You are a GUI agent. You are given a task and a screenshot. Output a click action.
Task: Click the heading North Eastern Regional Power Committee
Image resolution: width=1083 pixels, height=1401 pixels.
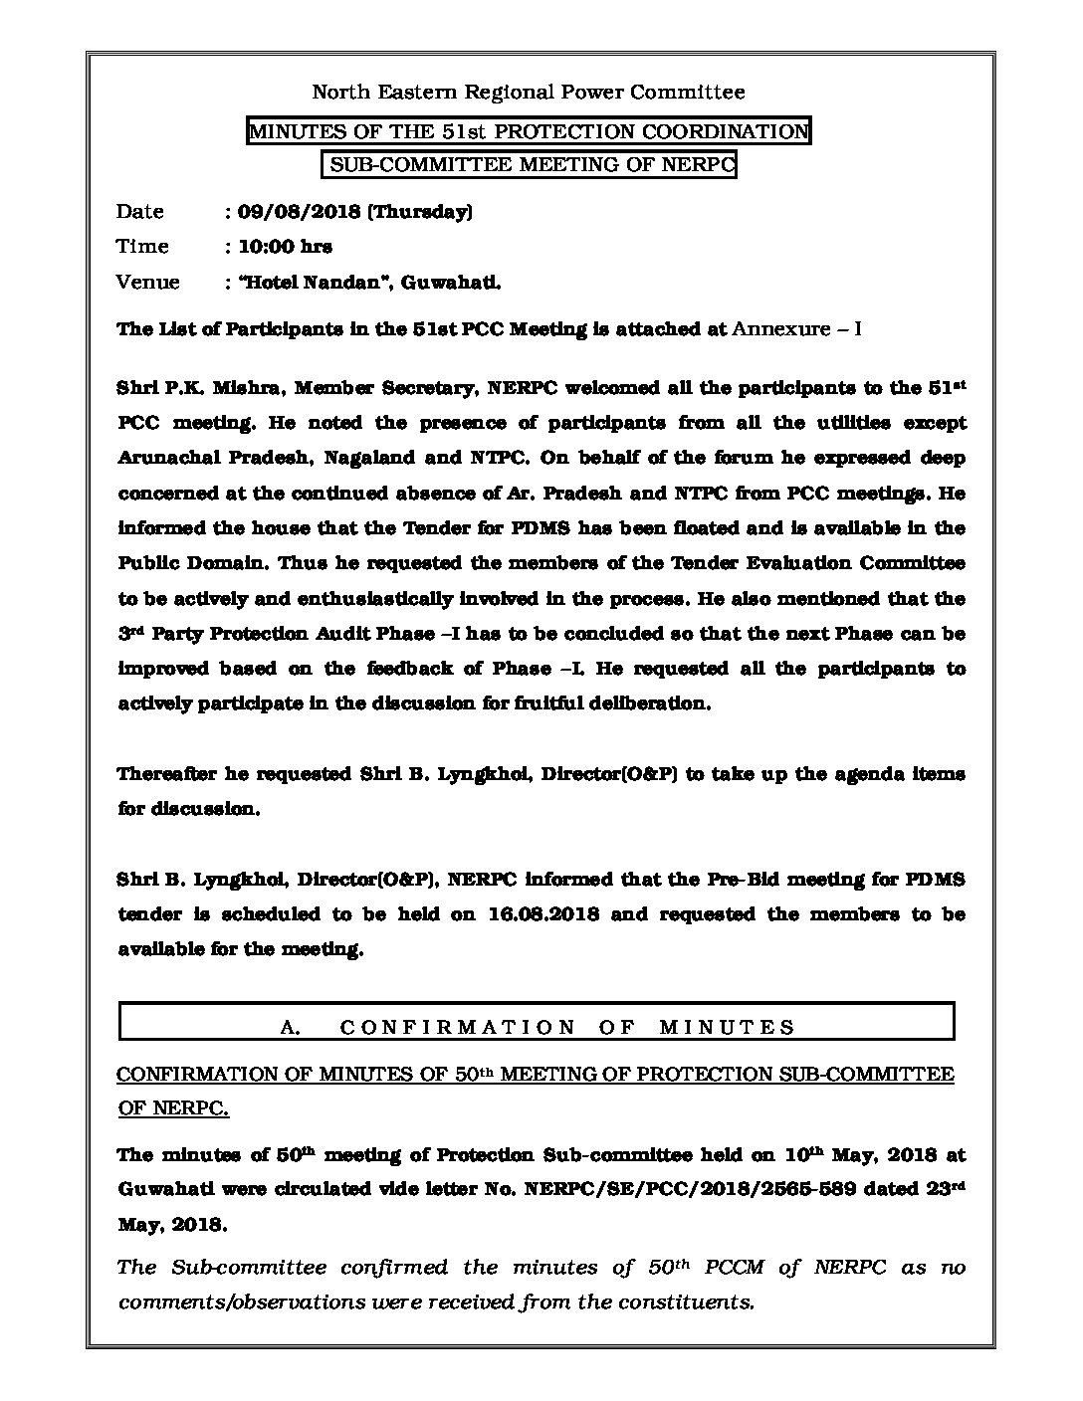pyautogui.click(x=529, y=93)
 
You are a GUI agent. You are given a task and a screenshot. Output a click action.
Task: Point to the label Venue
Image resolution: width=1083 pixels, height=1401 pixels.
pyautogui.click(x=147, y=282)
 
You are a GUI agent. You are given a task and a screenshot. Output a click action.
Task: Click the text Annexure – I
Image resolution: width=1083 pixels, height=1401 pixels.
pyautogui.click(x=796, y=328)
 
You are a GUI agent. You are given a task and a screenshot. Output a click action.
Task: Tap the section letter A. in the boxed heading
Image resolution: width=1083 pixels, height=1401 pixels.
pyautogui.click(x=291, y=1028)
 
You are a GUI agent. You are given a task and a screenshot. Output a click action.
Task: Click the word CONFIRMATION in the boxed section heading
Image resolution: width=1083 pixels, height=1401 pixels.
pyautogui.click(x=458, y=1028)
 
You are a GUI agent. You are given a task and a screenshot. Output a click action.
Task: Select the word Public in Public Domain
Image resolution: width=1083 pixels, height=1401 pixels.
pyautogui.click(x=148, y=563)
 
